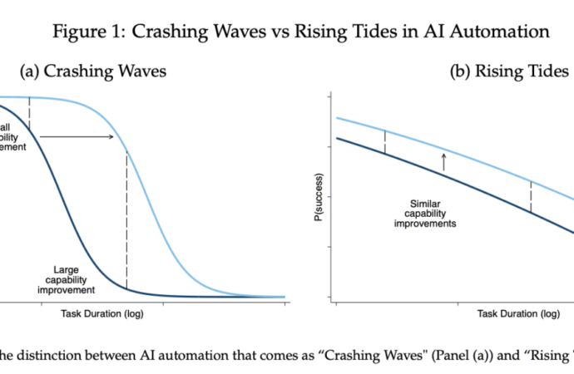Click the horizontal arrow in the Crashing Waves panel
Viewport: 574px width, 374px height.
point(77,135)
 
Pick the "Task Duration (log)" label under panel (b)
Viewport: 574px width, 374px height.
point(517,313)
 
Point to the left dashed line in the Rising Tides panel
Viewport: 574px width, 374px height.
point(384,141)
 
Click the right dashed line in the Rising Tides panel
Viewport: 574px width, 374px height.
point(531,195)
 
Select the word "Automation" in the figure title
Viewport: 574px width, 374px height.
point(506,32)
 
